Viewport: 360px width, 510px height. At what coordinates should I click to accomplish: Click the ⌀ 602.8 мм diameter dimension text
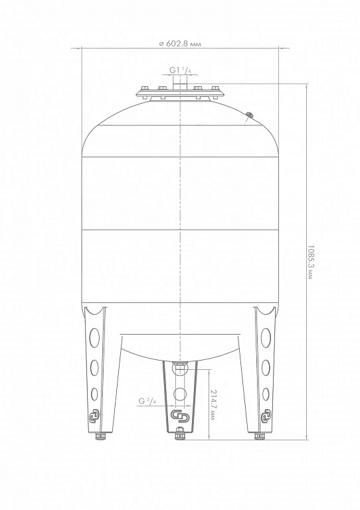179,44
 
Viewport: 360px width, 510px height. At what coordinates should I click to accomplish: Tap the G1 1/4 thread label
180,70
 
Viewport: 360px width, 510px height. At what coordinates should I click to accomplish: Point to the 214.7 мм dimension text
213,404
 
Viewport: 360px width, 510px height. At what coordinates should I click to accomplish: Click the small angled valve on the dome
250,116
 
